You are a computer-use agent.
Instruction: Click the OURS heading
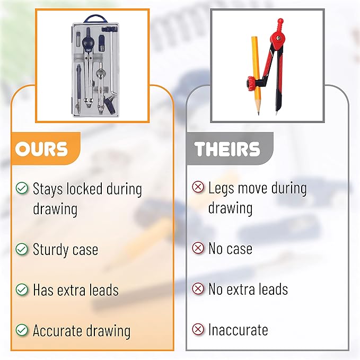click(41, 149)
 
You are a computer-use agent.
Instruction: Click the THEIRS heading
click(227, 149)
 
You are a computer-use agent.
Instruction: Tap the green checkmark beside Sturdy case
click(22, 249)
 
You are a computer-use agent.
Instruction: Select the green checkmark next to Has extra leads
click(22, 289)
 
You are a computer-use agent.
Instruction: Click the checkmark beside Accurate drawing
click(22, 330)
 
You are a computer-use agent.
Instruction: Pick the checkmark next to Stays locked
click(22, 188)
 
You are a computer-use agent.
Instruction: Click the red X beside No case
click(198, 248)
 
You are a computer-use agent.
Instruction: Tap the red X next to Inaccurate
click(198, 329)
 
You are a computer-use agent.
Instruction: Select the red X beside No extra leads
click(198, 288)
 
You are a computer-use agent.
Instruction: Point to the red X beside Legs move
click(198, 187)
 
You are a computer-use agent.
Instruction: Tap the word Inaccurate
click(238, 330)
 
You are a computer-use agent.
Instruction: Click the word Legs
click(221, 189)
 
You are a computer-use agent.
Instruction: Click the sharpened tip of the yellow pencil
click(259, 113)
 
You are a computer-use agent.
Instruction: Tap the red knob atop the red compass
click(280, 23)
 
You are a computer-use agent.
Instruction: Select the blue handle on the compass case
click(96, 18)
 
